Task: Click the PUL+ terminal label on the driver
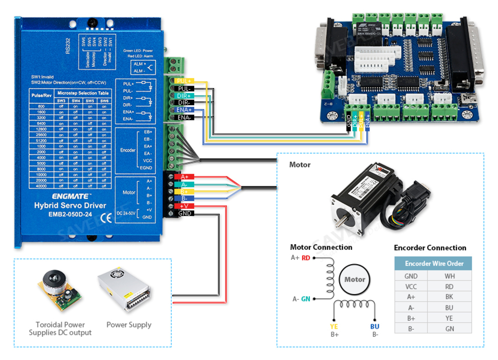pyautogui.click(x=184, y=81)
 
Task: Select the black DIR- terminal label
pyautogui.click(x=184, y=103)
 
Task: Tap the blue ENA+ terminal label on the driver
pyautogui.click(x=184, y=110)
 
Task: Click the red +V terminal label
pyautogui.click(x=184, y=206)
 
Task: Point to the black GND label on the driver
pyautogui.click(x=185, y=213)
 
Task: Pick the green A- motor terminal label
pyautogui.click(x=185, y=184)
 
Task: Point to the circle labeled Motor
pyautogui.click(x=355, y=280)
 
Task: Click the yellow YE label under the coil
pyautogui.click(x=334, y=326)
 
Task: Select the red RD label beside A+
pyautogui.click(x=306, y=257)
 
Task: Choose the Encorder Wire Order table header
pyautogui.click(x=433, y=263)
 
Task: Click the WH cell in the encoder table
pyautogui.click(x=449, y=276)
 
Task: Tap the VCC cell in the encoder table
pyautogui.click(x=411, y=286)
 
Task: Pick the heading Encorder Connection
pyautogui.click(x=430, y=248)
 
